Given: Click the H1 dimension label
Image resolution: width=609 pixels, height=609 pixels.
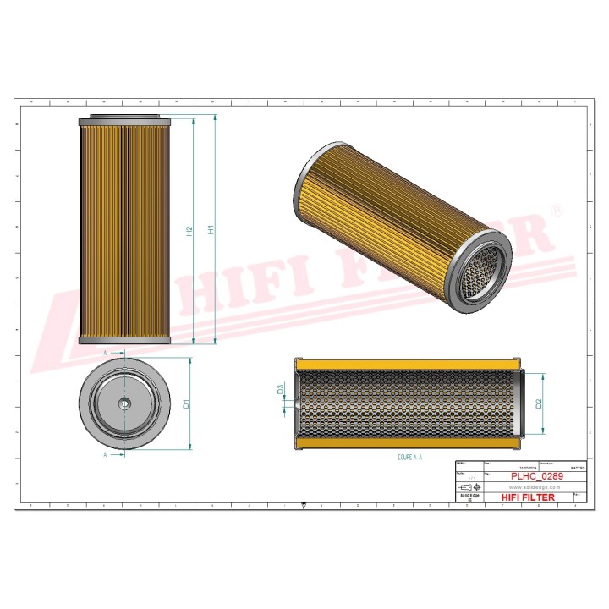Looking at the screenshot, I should tap(212, 228).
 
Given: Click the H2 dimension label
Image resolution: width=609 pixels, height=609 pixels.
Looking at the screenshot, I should tap(190, 229).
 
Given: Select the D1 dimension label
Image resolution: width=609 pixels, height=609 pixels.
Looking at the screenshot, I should tap(187, 404).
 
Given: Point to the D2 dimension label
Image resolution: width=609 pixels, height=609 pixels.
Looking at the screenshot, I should tap(540, 404).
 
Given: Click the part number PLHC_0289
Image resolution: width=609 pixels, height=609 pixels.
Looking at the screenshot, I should tap(536, 477).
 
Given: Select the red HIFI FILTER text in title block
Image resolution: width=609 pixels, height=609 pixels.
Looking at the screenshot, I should tap(529, 497).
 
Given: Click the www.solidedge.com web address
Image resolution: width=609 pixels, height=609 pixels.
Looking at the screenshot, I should tap(536, 487).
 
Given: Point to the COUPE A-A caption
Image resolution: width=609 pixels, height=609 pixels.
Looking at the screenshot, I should tap(410, 456).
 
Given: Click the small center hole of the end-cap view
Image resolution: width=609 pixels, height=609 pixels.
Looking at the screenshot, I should tap(125, 404).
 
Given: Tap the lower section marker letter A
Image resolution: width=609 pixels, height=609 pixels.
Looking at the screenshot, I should tap(105, 454).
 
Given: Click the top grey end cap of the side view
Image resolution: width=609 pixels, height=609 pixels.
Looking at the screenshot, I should tap(125, 121).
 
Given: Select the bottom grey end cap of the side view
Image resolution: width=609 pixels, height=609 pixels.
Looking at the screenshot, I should tap(125, 339).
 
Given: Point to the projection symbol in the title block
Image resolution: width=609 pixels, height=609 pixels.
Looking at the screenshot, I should tap(469, 488).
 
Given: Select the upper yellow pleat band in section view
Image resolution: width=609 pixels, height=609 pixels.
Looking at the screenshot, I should tap(410, 365).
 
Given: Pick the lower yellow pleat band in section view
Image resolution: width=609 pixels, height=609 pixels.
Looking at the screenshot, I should tap(410, 443).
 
